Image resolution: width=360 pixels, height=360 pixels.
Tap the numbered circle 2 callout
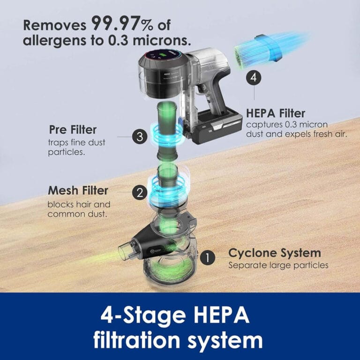[138, 192]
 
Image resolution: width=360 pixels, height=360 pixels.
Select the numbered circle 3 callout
[139, 137]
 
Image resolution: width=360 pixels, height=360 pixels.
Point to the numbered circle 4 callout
[254, 78]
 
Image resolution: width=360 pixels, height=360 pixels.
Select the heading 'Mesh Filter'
[78, 191]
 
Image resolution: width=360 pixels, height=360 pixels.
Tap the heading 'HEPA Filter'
[276, 113]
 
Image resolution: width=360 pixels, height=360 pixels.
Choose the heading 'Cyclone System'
[274, 253]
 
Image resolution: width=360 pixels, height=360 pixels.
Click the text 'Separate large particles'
[278, 265]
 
